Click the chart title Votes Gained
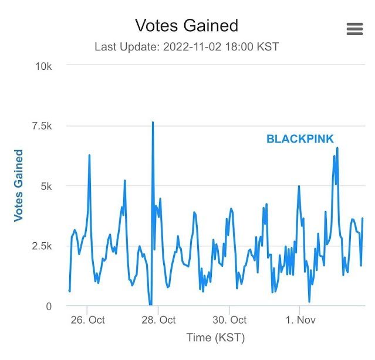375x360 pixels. coord(187,26)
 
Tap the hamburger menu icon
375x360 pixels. coord(354,29)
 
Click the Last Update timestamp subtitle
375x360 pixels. coord(187,47)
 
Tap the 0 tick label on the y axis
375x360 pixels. coord(49,306)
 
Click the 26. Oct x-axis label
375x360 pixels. coord(87,320)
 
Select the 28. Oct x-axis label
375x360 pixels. coord(158,320)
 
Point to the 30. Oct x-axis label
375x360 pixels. coord(229,320)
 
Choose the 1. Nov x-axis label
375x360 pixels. coord(299,320)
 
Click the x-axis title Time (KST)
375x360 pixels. coord(215,338)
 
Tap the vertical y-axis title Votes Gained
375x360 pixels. coord(19,185)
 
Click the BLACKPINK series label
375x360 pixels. coord(300,139)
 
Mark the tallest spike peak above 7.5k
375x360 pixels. coord(153,123)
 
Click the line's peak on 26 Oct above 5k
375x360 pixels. coord(89,155)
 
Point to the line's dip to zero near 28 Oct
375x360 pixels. coord(150,305)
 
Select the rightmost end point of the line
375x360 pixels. coord(363,218)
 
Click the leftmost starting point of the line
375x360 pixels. coord(69,291)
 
